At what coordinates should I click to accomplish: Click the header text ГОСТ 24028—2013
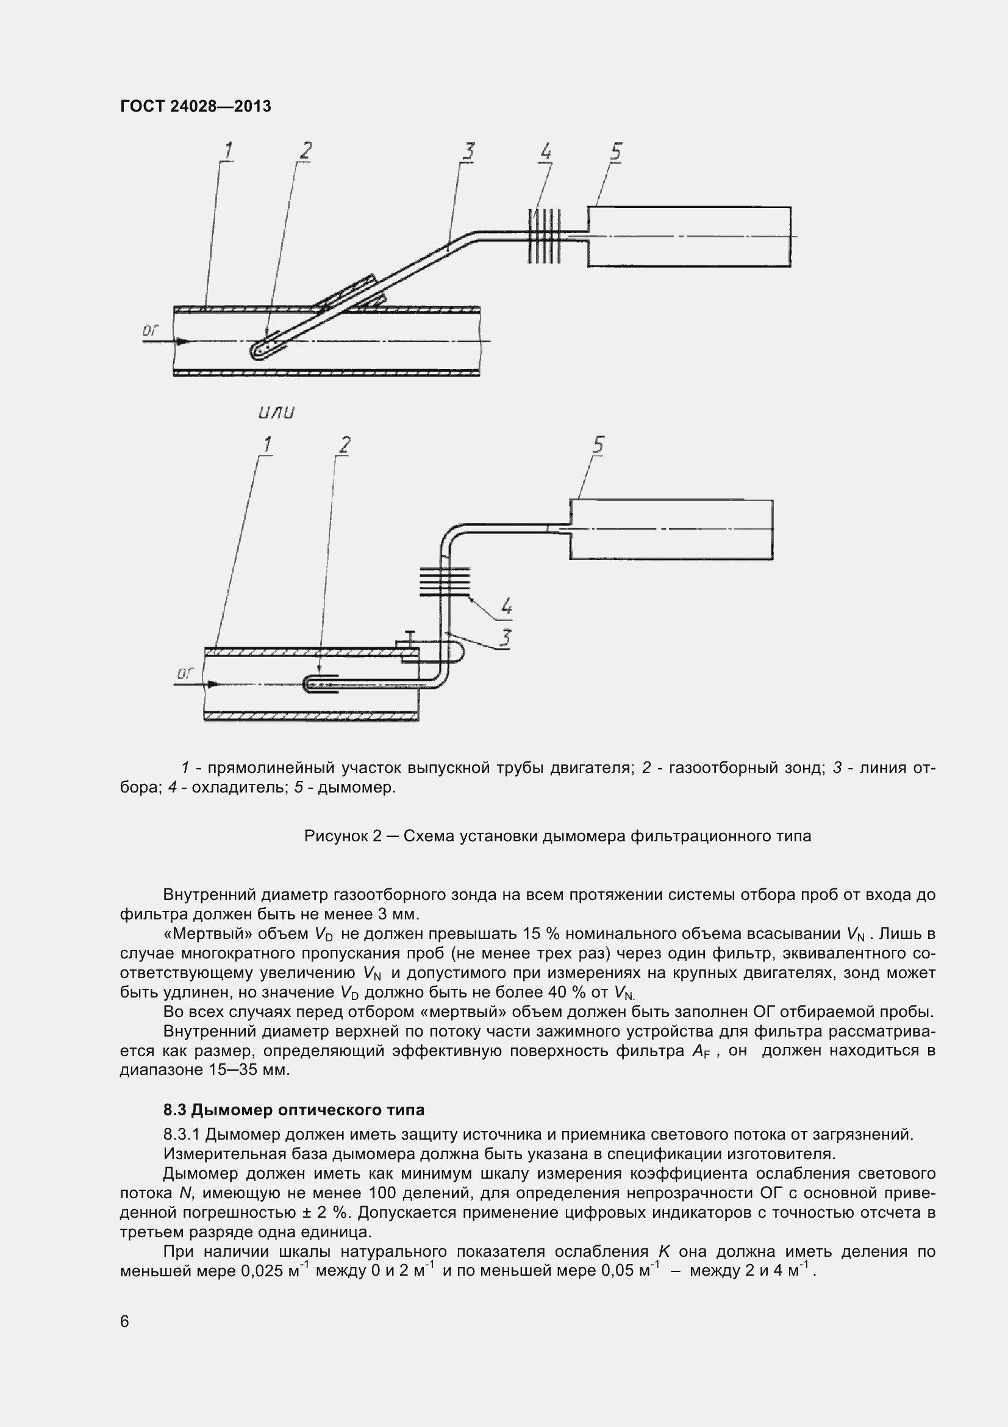196,106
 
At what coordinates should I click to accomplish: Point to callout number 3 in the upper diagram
469,151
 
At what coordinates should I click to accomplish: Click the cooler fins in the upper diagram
544,235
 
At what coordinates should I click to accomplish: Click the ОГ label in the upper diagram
151,331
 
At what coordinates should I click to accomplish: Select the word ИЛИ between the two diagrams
276,412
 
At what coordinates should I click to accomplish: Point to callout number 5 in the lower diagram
598,444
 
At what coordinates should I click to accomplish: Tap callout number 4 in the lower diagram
506,605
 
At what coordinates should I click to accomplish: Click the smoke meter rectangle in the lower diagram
671,529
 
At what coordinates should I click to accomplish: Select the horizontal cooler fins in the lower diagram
445,582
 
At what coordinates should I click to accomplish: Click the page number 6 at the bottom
124,1321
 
